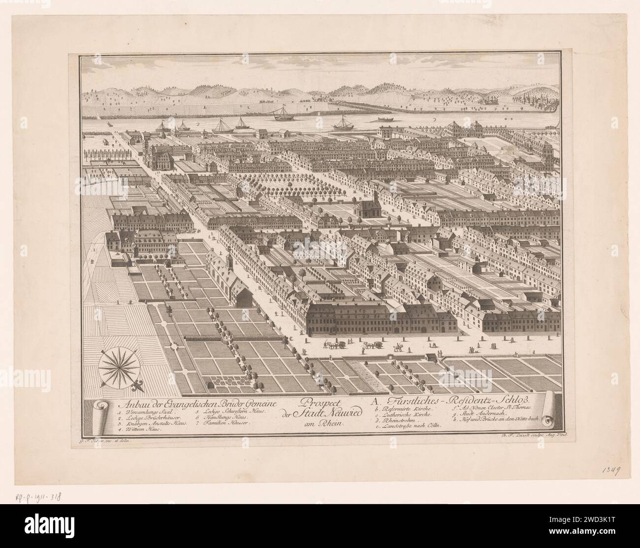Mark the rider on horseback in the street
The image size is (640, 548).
(400, 348)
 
